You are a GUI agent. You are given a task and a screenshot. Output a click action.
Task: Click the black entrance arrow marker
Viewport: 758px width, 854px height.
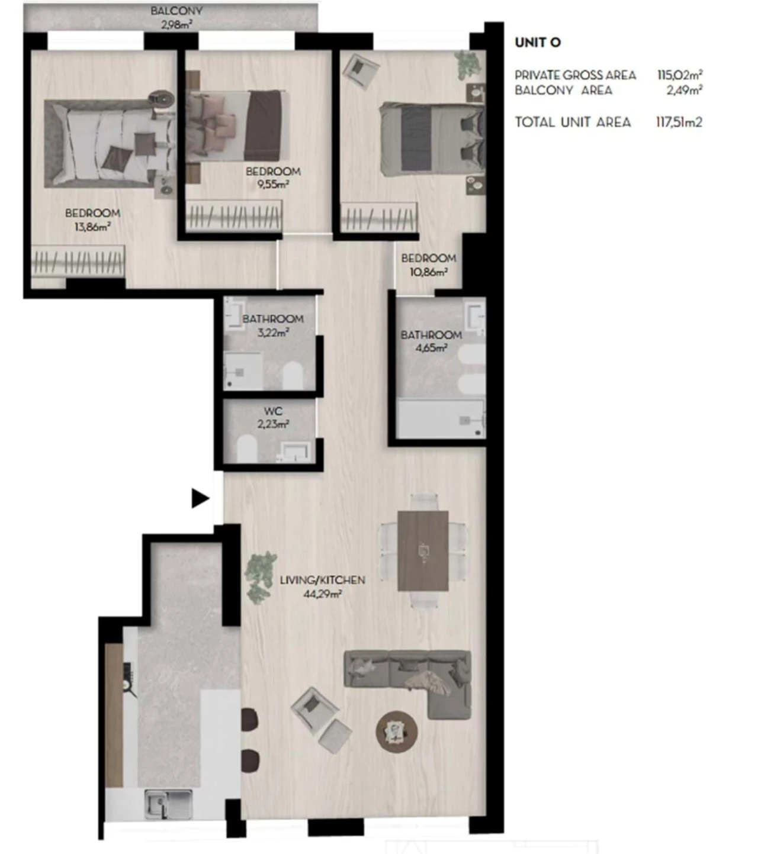[x=200, y=498]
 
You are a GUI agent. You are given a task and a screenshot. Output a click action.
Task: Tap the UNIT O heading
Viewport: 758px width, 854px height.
[x=537, y=43]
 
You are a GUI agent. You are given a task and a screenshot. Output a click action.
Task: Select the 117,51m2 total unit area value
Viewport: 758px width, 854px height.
[x=679, y=123]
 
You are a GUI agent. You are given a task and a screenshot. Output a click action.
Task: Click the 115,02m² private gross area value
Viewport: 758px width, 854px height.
[x=679, y=75]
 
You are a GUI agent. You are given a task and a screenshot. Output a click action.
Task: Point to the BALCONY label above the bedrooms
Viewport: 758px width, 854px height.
[x=176, y=11]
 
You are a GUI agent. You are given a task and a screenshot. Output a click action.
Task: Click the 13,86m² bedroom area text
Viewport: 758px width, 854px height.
[x=92, y=227]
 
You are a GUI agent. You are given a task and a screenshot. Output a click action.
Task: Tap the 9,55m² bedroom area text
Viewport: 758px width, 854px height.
[x=273, y=184]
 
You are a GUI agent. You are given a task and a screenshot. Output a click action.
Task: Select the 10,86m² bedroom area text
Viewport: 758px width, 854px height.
[x=428, y=272]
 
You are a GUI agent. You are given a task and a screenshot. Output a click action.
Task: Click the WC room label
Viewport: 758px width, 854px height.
[x=273, y=411]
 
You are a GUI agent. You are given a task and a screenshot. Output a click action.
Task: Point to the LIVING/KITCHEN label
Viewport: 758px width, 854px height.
[x=322, y=580]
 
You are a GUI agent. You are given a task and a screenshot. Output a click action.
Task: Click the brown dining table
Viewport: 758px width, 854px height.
[x=423, y=550]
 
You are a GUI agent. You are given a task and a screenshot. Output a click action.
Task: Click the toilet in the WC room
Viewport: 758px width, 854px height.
[x=246, y=449]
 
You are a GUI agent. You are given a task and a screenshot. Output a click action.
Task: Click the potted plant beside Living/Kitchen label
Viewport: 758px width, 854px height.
[x=261, y=576]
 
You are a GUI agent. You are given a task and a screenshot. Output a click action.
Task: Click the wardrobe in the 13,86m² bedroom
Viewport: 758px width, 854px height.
[x=78, y=261]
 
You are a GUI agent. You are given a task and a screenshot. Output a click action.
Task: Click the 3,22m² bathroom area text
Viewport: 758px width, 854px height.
[x=273, y=333]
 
